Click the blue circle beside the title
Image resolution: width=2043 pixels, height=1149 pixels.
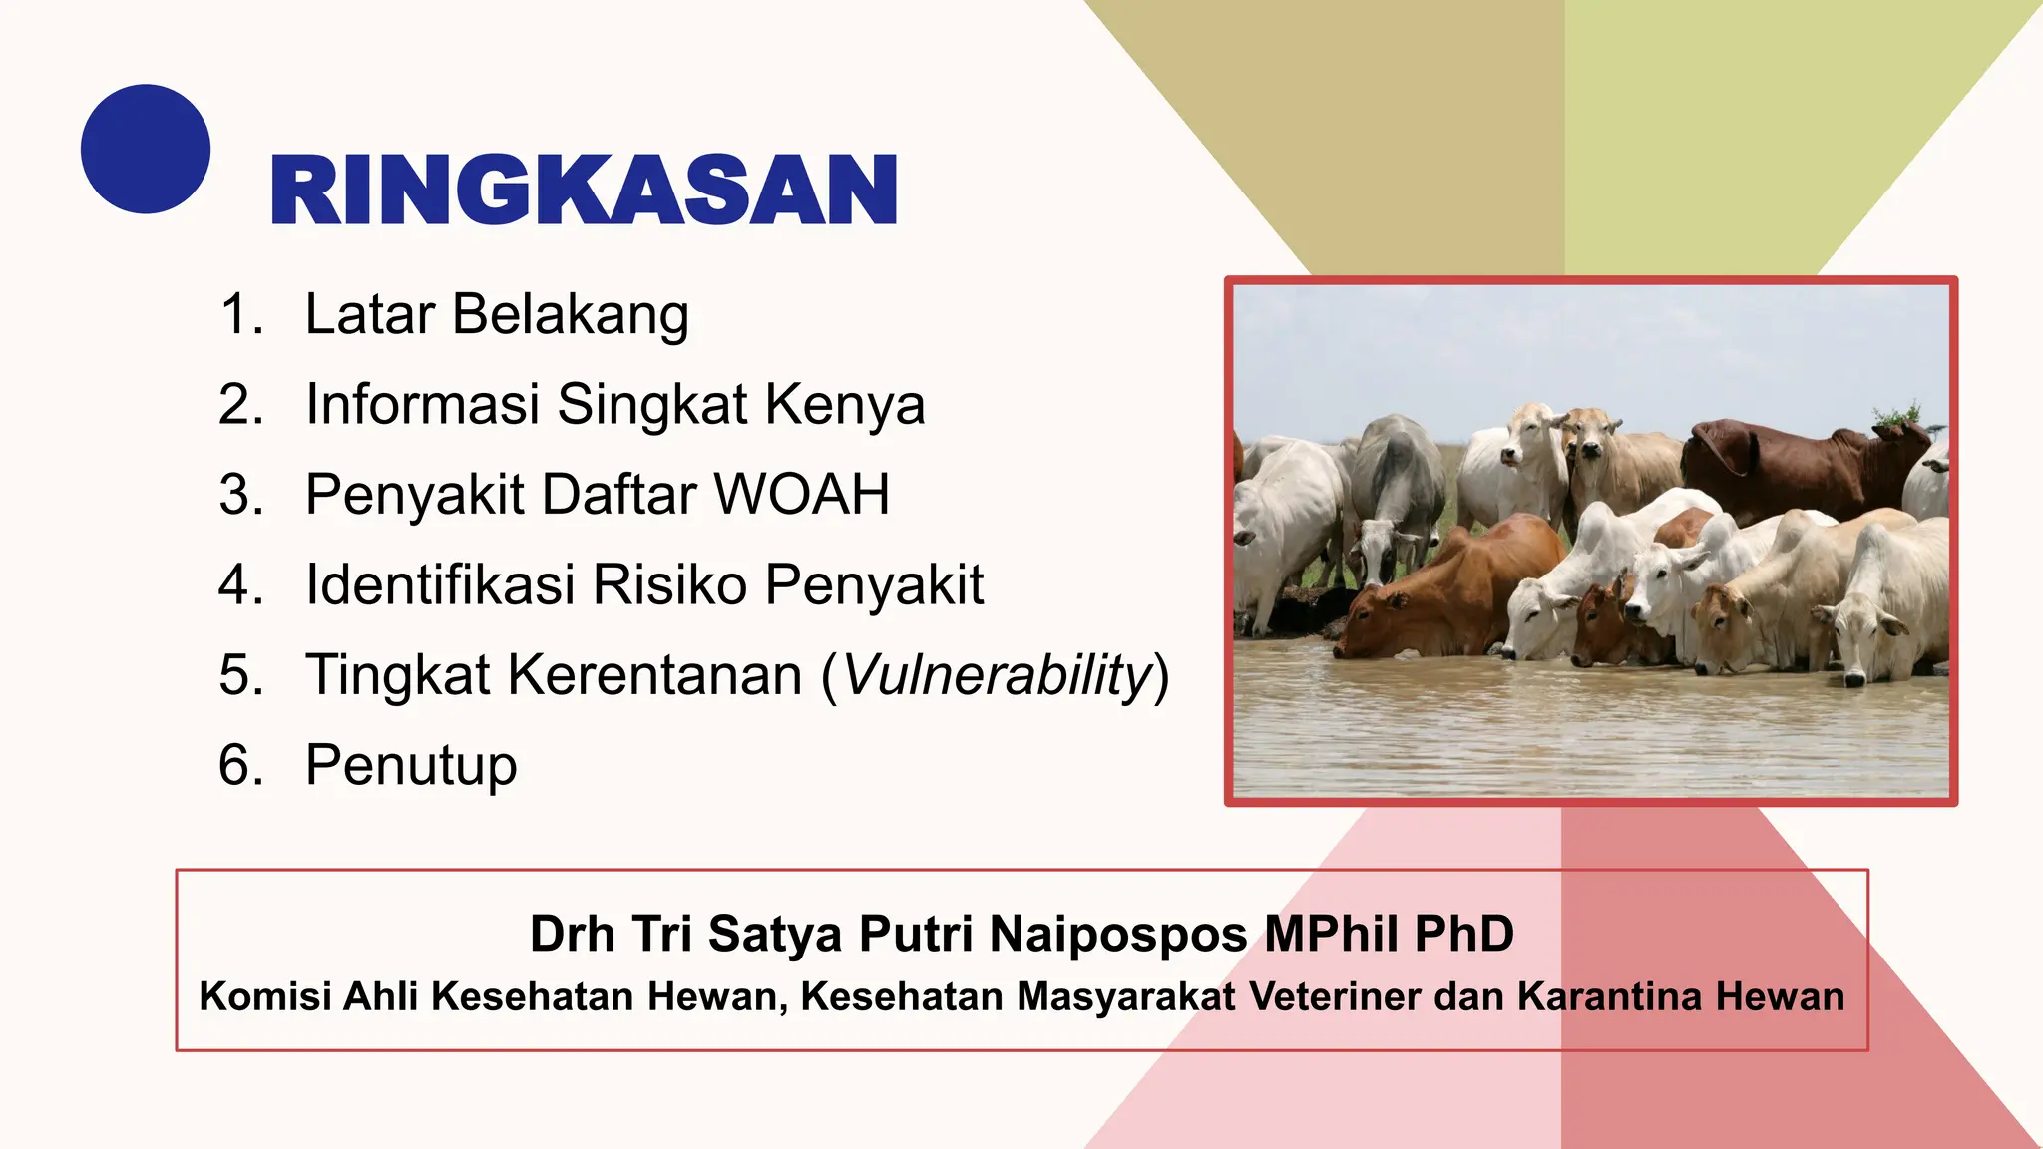(x=146, y=149)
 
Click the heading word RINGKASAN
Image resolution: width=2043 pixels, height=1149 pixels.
(x=584, y=190)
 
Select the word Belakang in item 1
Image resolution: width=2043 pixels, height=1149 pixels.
(x=570, y=315)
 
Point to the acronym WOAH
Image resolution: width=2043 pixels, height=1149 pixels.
(x=802, y=495)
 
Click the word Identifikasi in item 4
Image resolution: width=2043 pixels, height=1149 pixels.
(x=440, y=584)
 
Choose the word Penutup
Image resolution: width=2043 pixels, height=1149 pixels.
(x=411, y=766)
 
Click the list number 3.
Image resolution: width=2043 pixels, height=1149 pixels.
(x=240, y=495)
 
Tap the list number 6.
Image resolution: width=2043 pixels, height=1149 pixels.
(x=240, y=766)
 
